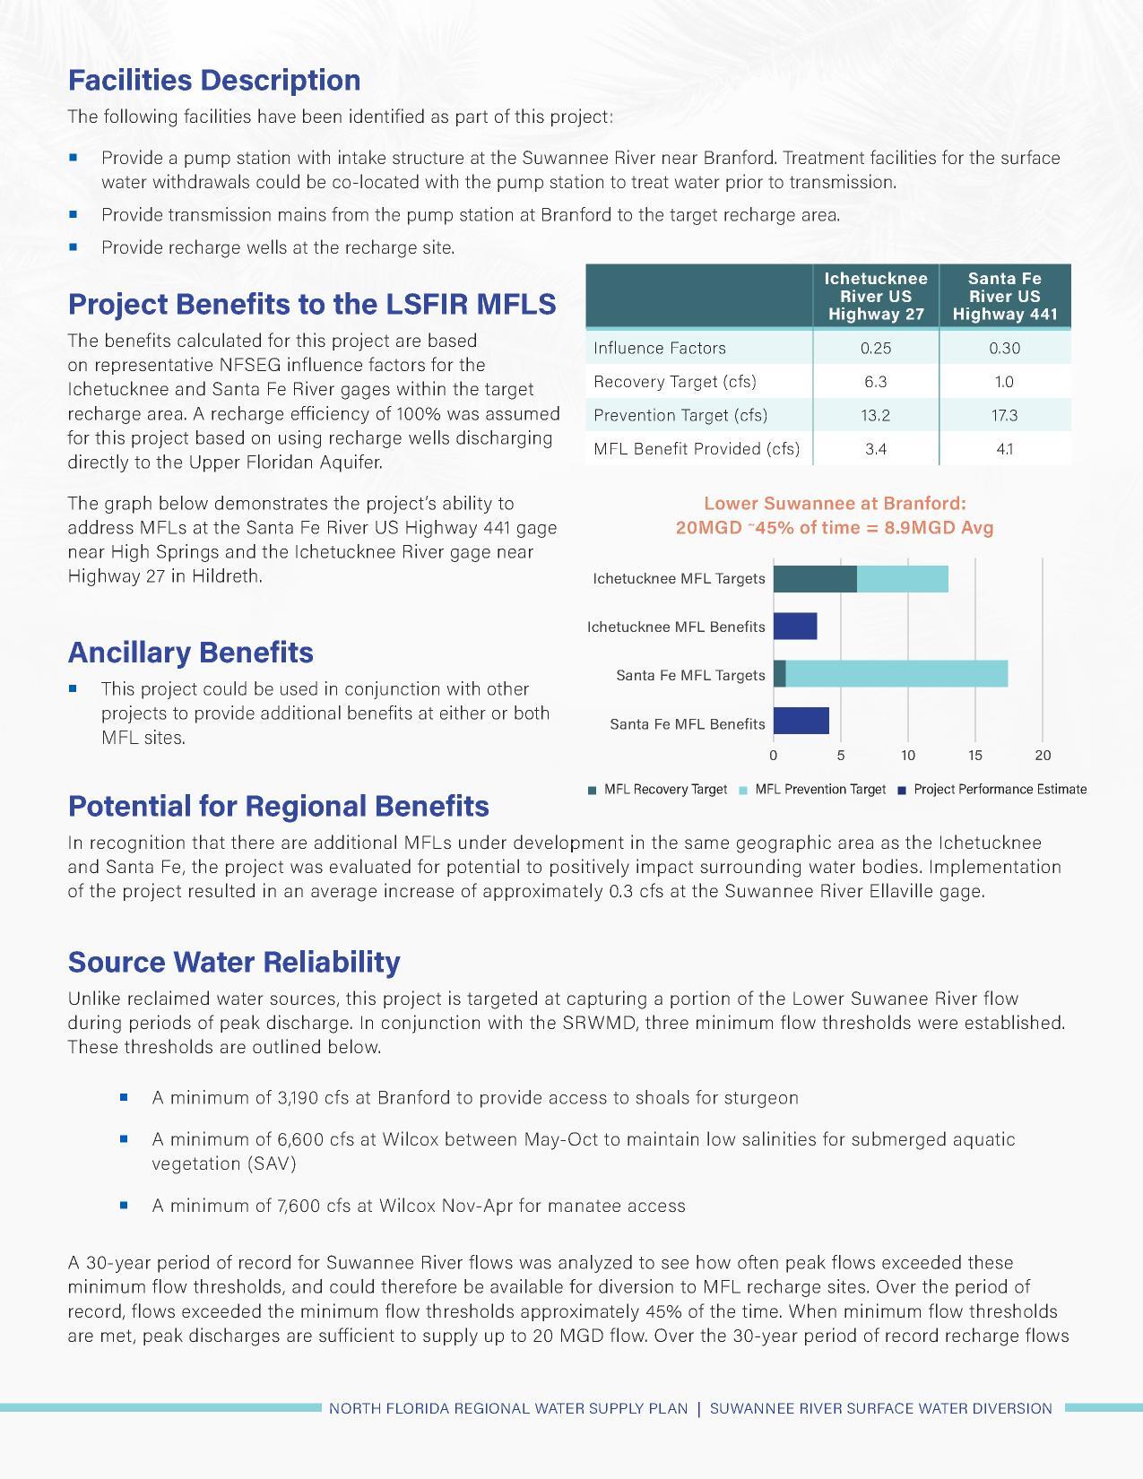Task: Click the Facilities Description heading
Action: pos(214,80)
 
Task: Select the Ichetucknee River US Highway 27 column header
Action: pos(875,296)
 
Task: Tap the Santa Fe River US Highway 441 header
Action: pos(1004,296)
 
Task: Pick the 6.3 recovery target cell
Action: pos(875,382)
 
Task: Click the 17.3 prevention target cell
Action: pos(1004,415)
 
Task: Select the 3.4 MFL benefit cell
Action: pos(875,449)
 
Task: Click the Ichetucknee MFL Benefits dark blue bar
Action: pos(795,627)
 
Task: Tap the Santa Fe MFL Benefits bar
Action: pos(801,721)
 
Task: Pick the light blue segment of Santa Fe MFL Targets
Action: pos(896,673)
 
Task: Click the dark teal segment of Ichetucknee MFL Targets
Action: pos(815,579)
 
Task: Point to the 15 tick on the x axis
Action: pos(975,756)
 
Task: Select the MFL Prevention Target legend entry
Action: pos(819,790)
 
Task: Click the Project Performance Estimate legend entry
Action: pos(999,790)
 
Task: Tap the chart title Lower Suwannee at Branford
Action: pos(835,504)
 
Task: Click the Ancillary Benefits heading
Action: pos(191,652)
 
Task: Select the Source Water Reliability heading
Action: pos(234,962)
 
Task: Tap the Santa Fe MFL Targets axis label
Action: pos(690,675)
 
